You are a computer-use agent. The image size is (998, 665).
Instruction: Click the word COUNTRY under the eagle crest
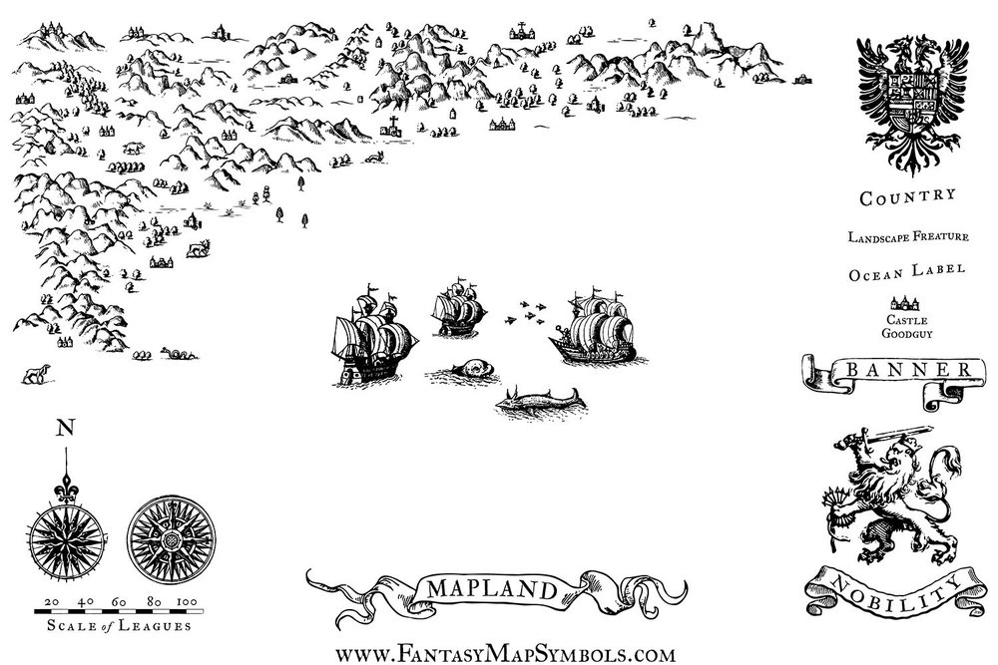(x=908, y=196)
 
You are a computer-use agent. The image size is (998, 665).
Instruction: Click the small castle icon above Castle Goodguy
(x=906, y=302)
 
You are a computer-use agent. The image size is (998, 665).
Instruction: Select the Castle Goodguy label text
(x=906, y=326)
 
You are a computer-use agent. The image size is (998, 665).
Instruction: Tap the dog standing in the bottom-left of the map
(x=36, y=374)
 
